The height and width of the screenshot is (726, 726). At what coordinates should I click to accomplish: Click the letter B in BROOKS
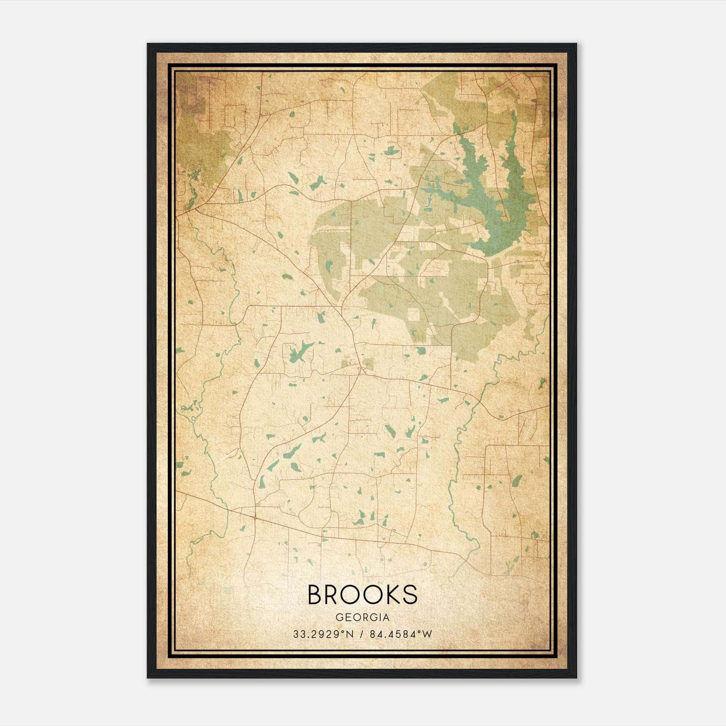tap(316, 594)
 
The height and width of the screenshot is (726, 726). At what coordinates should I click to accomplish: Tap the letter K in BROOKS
tap(389, 594)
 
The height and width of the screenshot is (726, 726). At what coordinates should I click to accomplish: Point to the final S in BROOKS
tap(409, 594)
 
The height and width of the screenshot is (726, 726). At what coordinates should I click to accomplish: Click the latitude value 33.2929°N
tap(322, 634)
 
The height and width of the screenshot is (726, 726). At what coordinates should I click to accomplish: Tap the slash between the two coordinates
tap(362, 634)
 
